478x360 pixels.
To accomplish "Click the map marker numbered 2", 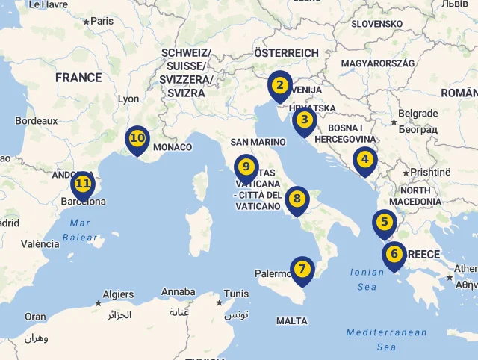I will pos(279,86).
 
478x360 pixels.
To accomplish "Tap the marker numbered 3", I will pos(304,120).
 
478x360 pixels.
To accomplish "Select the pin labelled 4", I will pos(364,160).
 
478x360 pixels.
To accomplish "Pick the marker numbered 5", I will pos(385,223).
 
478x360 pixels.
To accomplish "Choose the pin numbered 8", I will pos(297,199).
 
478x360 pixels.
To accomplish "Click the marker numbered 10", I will pos(137,139).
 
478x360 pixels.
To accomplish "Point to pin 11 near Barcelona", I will pos(83,184).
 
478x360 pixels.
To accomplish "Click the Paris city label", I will pos(102,21).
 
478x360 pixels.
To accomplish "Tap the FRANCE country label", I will pos(78,78).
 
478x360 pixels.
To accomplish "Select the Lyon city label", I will pos(128,99).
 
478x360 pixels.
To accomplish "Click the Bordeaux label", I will pos(37,120).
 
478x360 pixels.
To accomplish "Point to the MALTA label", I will pos(291,321).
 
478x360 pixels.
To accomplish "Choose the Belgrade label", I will pos(418,114).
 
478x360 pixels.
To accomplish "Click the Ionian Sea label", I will pos(367,279).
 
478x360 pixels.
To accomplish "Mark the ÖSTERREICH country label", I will pos(286,53).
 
